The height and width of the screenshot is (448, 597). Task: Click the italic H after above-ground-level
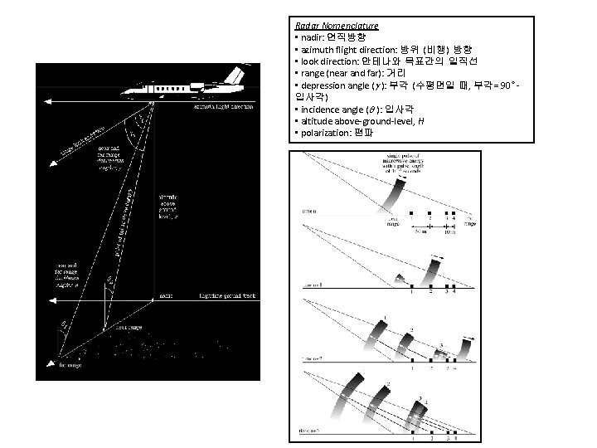421,122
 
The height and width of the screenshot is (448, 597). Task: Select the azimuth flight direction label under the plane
225,106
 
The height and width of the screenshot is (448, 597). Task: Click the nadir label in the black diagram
166,295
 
